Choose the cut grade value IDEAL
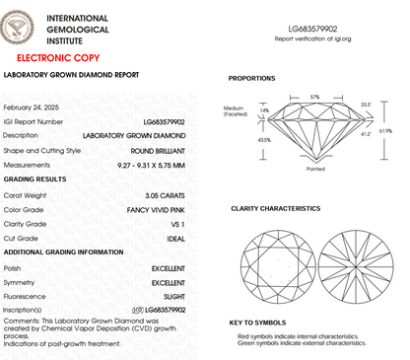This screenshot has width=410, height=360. point(175,240)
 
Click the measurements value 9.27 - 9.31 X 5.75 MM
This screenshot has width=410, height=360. point(153,165)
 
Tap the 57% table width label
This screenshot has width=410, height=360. point(314,97)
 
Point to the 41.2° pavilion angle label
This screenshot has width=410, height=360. point(366,133)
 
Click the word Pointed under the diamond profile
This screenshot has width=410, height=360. point(314,169)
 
